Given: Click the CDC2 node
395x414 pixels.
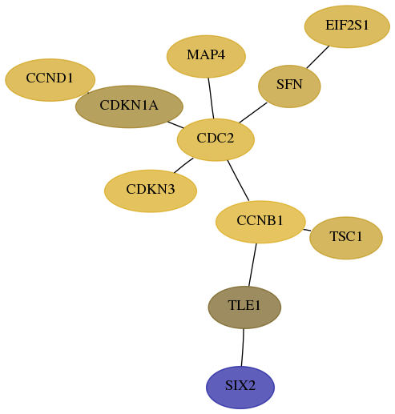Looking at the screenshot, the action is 216,139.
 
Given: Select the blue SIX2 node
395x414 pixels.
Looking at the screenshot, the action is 240,388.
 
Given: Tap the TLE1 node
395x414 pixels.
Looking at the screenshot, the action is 244,307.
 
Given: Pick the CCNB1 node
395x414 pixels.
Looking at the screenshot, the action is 260,222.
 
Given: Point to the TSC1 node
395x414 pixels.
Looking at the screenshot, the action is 346,238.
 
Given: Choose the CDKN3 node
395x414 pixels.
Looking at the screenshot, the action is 151,191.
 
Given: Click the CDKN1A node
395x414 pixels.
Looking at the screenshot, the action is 129,107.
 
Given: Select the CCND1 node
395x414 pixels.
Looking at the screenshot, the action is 50,80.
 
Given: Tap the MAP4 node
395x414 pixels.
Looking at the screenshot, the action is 206,56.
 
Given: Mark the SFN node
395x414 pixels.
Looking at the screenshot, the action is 289,86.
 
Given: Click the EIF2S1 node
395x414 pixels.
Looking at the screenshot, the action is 347,26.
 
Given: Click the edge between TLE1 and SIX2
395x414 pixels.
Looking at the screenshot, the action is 243,348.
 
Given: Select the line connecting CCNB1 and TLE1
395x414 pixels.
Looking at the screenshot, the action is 252,264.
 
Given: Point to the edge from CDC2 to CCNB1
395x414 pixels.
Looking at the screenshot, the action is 238,180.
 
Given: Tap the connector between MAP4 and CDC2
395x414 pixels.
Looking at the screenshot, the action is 211,98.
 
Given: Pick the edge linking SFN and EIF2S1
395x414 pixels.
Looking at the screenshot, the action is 318,57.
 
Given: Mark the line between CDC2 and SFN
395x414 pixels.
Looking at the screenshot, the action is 253,113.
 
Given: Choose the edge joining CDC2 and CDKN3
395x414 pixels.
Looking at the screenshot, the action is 183,165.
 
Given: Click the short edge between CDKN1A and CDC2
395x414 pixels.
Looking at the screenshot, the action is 175,125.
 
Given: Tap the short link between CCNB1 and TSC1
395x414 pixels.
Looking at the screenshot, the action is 307,230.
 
